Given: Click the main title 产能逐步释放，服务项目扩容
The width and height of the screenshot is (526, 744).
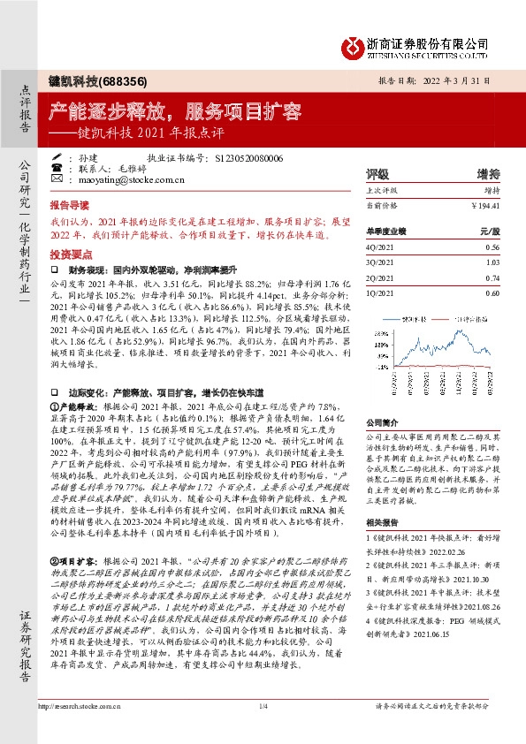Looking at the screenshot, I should [x=174, y=113].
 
